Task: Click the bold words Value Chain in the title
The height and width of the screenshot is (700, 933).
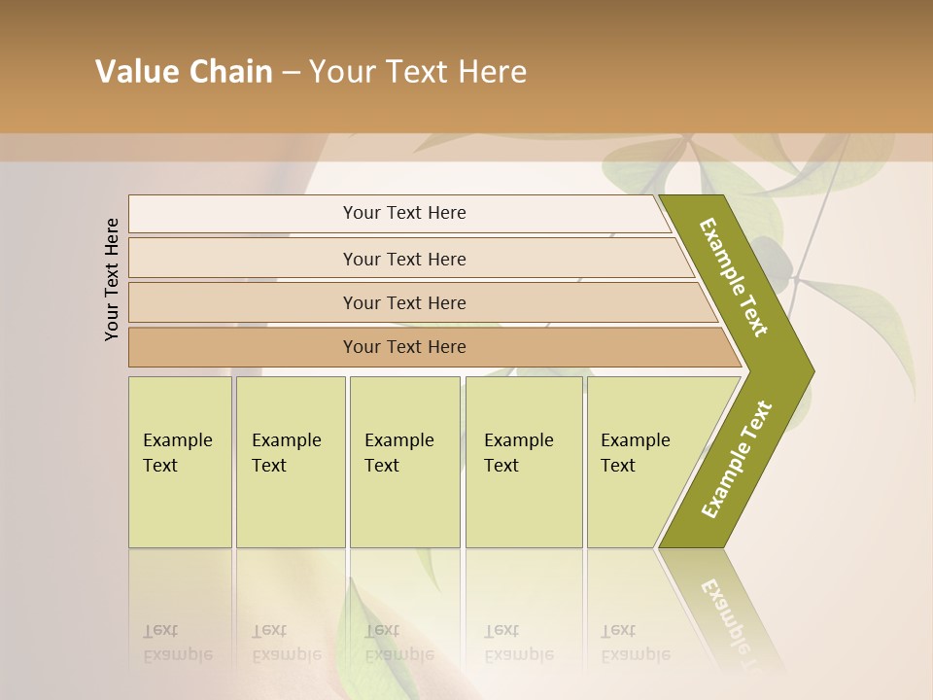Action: [184, 72]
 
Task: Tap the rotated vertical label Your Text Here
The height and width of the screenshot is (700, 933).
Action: [112, 279]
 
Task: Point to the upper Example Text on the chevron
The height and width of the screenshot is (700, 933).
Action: [734, 277]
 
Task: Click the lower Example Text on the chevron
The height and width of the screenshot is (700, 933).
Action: [736, 460]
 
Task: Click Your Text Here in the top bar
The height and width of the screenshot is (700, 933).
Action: [404, 213]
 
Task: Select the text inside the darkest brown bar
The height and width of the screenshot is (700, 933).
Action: [404, 347]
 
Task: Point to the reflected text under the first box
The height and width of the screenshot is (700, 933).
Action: [178, 643]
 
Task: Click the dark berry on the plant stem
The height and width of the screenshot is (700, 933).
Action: [768, 250]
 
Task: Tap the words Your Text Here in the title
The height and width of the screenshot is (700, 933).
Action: [418, 72]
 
